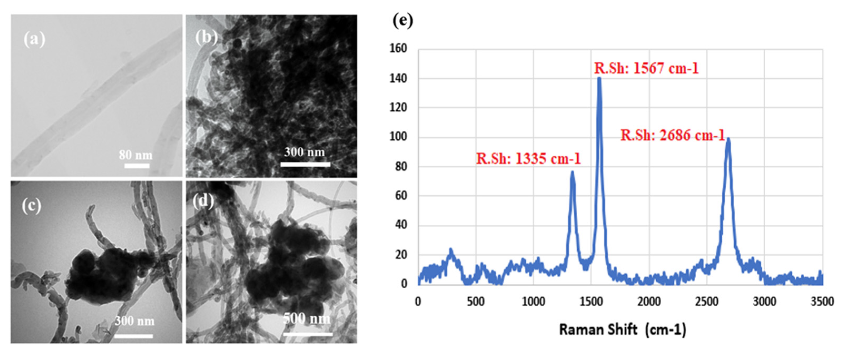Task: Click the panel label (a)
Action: click(x=34, y=40)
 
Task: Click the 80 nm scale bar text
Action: click(x=136, y=155)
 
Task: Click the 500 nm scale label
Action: click(x=307, y=318)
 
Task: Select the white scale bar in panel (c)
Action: click(x=133, y=336)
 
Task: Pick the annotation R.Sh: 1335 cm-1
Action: click(x=528, y=159)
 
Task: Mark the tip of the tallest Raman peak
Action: click(x=599, y=78)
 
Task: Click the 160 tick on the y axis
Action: click(x=398, y=48)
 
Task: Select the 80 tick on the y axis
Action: click(x=400, y=167)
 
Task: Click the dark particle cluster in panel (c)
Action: click(x=105, y=275)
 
